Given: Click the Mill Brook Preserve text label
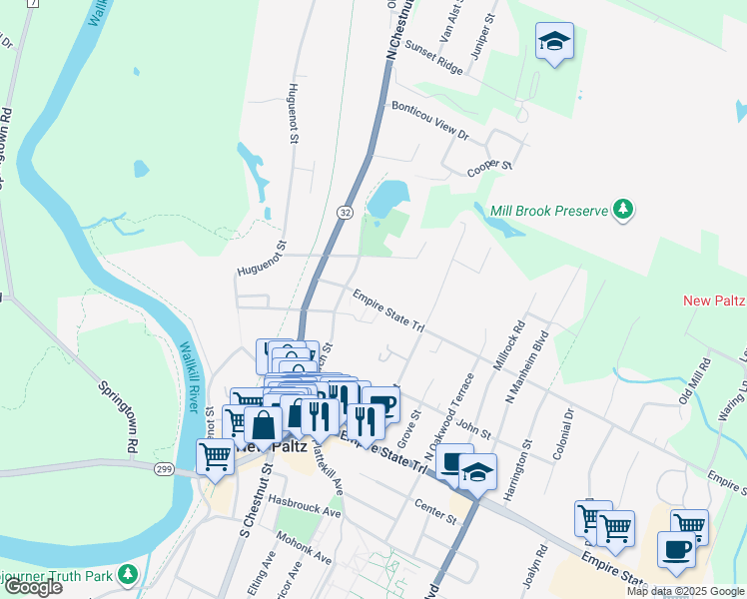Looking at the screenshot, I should [x=549, y=211].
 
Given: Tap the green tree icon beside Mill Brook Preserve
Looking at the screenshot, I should [x=624, y=210].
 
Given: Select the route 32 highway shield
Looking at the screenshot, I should [x=344, y=213].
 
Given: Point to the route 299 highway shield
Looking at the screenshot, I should [x=165, y=468].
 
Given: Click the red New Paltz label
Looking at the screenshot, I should [x=714, y=301].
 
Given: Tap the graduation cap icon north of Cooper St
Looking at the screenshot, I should [x=554, y=42].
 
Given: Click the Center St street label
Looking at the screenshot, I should [x=436, y=519].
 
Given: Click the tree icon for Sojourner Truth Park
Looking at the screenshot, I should [x=127, y=574].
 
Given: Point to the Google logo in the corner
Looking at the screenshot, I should [x=33, y=587].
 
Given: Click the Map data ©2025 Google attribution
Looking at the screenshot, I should [x=685, y=591].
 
